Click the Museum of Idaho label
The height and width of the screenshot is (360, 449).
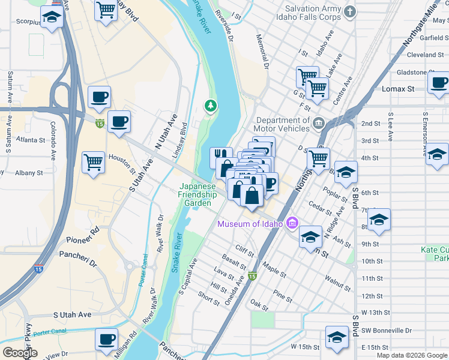pyautogui.click(x=250, y=224)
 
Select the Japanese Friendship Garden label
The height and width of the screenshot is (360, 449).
pyautogui.click(x=197, y=194)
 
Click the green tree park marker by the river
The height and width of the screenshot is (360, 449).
pyautogui.click(x=210, y=106)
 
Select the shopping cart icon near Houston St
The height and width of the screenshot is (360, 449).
pyautogui.click(x=94, y=162)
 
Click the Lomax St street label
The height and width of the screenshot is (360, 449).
pyautogui.click(x=398, y=89)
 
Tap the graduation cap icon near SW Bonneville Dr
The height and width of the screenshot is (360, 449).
pyautogui.click(x=337, y=337)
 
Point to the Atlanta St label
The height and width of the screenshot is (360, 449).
pyautogui.click(x=31, y=140)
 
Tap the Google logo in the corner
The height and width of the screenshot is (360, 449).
pyautogui.click(x=19, y=353)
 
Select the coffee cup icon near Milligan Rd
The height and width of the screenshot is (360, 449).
pyautogui.click(x=106, y=339)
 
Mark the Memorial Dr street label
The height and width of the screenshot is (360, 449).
pyautogui.click(x=264, y=57)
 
